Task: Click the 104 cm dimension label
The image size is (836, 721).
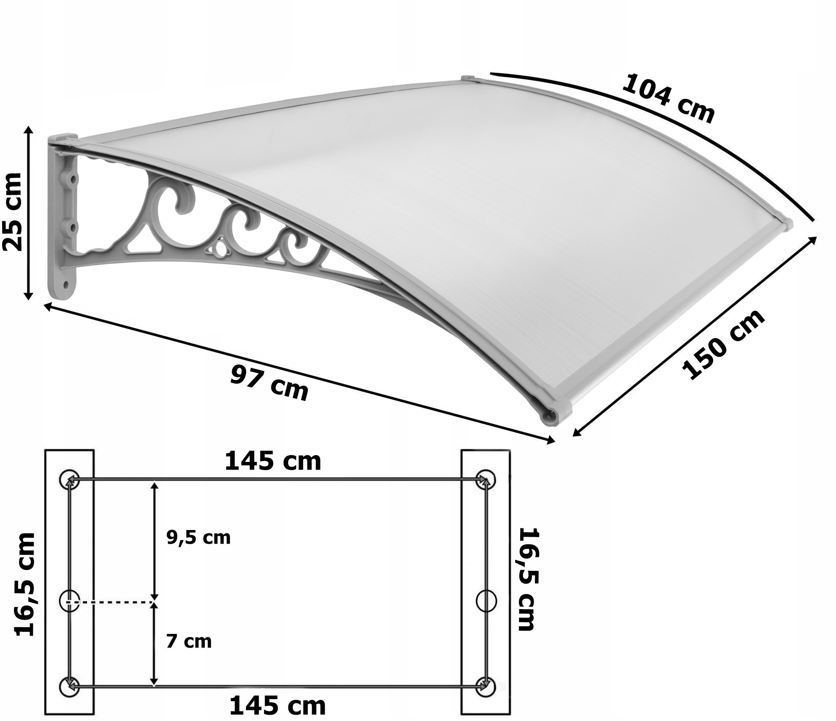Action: (668, 99)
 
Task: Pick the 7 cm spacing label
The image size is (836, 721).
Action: (189, 641)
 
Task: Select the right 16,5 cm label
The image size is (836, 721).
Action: (527, 580)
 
